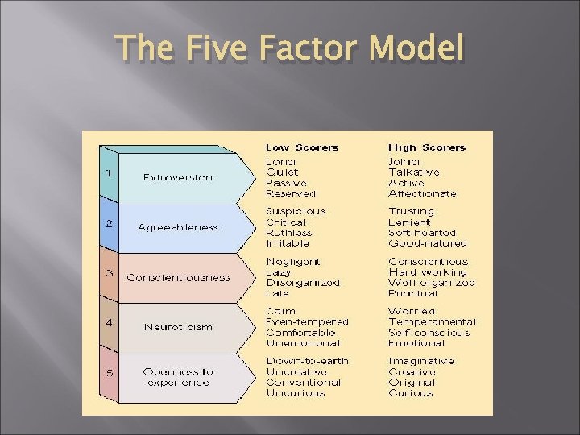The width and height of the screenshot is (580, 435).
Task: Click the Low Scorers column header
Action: (302, 147)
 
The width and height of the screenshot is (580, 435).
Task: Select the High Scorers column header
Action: (427, 147)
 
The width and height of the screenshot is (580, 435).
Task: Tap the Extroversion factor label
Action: (178, 177)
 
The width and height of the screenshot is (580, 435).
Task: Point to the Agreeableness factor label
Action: (178, 227)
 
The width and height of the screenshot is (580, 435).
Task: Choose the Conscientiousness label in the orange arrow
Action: (178, 277)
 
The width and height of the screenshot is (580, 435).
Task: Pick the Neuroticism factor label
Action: (178, 327)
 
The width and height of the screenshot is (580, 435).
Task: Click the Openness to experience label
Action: (178, 377)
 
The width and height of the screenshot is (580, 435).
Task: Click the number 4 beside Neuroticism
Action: (109, 322)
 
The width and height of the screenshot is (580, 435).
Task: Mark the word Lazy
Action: (278, 272)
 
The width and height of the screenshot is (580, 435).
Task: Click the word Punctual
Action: (414, 293)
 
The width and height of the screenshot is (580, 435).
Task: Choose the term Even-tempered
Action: (308, 321)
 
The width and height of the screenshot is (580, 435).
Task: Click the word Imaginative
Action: (420, 361)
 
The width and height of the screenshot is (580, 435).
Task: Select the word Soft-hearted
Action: (422, 233)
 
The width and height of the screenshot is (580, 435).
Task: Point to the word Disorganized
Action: (303, 283)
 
